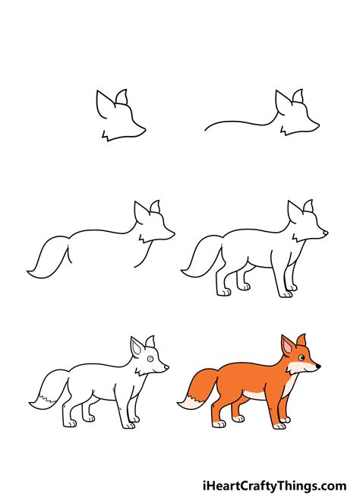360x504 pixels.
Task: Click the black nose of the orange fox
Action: click(317, 366)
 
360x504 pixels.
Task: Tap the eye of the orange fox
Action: click(301, 357)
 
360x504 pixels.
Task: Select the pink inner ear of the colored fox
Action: click(288, 347)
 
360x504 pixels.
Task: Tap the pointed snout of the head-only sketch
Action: click(144, 134)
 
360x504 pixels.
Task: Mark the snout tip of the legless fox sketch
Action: click(173, 233)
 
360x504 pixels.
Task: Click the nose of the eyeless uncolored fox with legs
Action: click(326, 233)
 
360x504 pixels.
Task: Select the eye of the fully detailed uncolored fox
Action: click(150, 357)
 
